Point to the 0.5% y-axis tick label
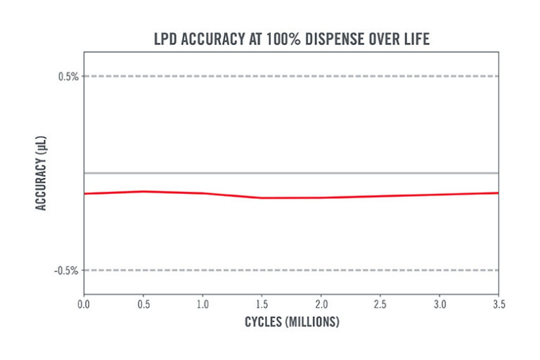point(67,76)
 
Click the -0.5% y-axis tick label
point(66,271)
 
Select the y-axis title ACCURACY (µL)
point(41,173)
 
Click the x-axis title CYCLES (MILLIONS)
point(292,322)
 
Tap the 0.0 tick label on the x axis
point(84,304)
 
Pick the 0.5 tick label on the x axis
point(143,304)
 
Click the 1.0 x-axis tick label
point(202,304)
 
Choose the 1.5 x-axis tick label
point(262,304)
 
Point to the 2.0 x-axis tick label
point(321,304)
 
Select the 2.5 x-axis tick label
point(380,304)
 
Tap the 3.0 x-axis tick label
point(439,304)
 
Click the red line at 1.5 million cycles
point(262,198)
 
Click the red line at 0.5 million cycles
point(143,191)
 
